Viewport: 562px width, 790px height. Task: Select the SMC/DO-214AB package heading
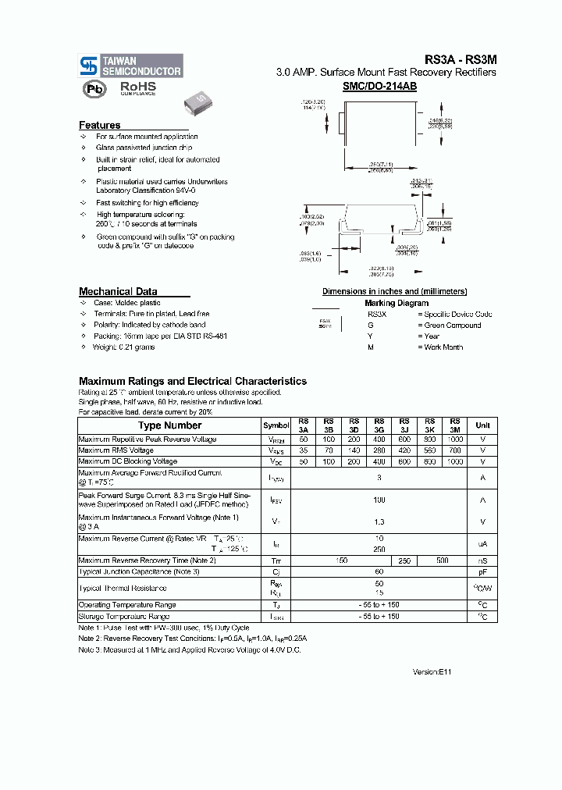379,87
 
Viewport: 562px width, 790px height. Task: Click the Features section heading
100,125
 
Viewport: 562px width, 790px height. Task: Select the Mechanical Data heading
118,291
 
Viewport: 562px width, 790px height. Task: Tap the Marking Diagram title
397,303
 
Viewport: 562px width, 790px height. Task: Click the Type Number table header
169,425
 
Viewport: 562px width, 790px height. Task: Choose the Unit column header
483,425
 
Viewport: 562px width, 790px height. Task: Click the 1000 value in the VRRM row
455,439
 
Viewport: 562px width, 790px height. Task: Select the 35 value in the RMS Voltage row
303,450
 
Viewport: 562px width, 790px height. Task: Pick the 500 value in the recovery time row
443,560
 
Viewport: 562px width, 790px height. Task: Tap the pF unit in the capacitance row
483,571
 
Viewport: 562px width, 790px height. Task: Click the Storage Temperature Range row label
124,617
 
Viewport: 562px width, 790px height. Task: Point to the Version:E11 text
432,671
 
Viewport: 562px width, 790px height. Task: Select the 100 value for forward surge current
379,499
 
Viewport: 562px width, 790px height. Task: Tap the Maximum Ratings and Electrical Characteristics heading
193,381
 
